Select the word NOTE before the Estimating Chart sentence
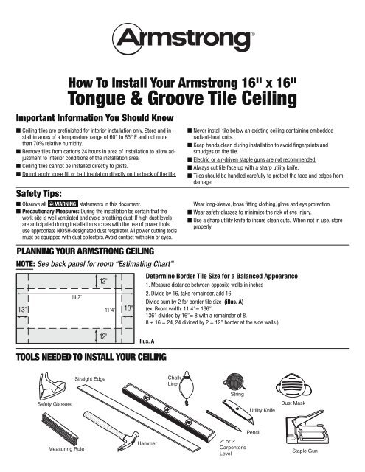pyautogui.click(x=27, y=264)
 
